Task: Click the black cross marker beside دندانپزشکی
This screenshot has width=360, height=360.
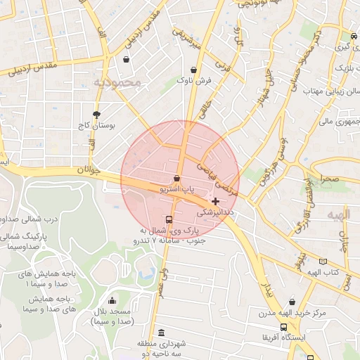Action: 215,202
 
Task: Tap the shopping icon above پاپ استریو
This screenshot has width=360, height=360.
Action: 176,178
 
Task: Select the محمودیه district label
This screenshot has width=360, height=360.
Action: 117,83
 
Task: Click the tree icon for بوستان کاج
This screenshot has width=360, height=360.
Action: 96,113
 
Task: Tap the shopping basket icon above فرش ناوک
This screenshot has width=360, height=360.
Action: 194,70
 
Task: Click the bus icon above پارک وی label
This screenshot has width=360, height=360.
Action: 167,219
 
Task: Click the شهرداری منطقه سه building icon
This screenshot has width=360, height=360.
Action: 162,333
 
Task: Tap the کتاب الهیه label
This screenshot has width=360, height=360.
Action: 325,271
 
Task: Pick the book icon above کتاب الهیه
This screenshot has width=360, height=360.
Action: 323,261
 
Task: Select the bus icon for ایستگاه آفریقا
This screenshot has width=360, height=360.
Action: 283,328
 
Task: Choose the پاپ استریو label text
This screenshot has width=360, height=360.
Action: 177,189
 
